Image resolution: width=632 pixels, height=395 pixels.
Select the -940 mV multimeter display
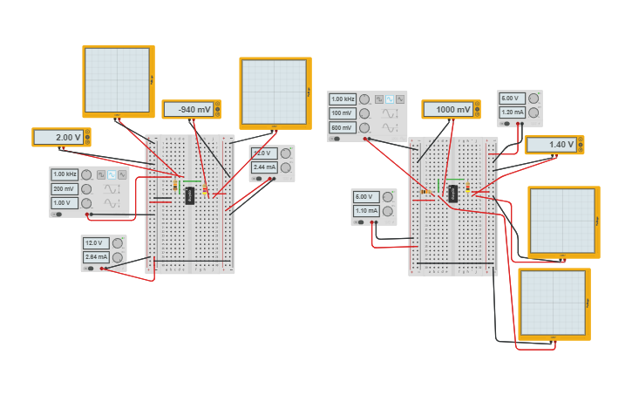point(188,110)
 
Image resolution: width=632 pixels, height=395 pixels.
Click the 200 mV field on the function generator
point(65,189)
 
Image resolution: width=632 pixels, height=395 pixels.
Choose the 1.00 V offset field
point(65,203)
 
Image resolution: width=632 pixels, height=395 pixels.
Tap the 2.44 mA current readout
point(263,167)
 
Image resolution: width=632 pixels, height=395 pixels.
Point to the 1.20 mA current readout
point(512,112)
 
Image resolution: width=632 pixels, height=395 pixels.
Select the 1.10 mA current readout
point(366,211)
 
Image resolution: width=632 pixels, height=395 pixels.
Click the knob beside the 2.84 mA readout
point(116,257)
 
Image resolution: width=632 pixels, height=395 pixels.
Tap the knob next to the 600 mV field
point(364,127)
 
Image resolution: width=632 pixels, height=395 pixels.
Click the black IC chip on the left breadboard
point(190,195)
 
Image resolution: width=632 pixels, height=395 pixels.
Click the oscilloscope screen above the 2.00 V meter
point(118,79)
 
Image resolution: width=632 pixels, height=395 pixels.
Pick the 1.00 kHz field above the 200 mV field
point(65,174)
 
